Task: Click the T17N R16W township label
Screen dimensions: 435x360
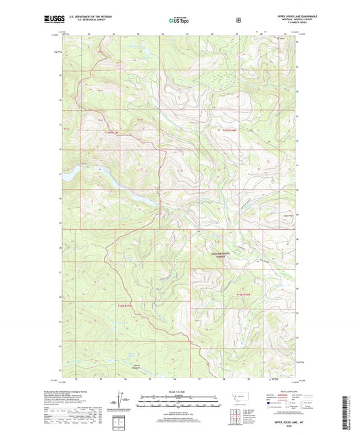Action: point(230,130)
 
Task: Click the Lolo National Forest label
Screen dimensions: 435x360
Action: point(215,255)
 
